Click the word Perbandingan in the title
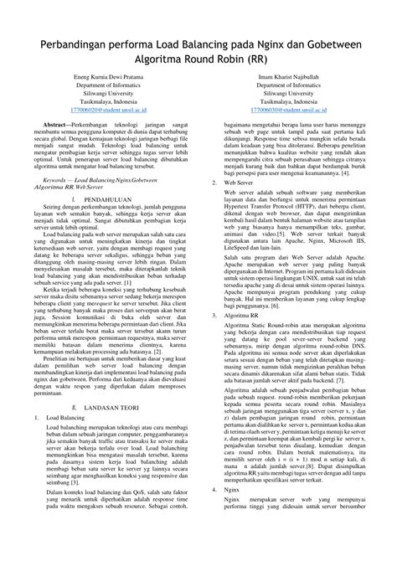tap(75, 44)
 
